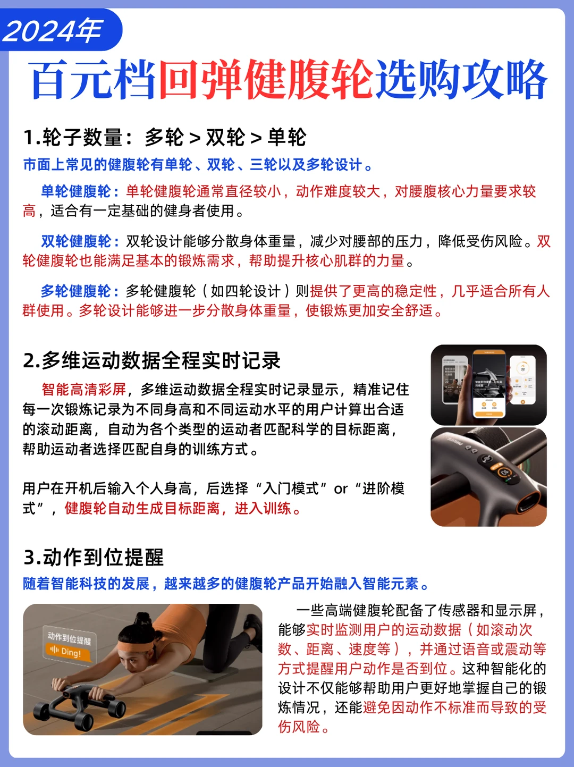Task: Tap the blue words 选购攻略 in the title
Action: click(x=461, y=80)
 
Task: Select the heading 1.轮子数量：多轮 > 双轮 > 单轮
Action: click(x=165, y=137)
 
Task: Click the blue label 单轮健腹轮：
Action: click(x=80, y=191)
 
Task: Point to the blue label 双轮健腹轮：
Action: click(x=80, y=241)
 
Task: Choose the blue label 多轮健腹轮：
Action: click(x=80, y=291)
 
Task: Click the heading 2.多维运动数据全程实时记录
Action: click(x=151, y=360)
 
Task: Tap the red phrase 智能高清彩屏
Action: click(x=83, y=389)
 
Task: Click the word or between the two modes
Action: click(x=341, y=489)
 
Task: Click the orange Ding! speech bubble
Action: click(x=69, y=652)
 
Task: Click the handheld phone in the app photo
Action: click(x=489, y=384)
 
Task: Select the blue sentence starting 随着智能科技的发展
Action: click(x=226, y=584)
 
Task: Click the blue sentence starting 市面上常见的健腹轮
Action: click(x=198, y=165)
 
